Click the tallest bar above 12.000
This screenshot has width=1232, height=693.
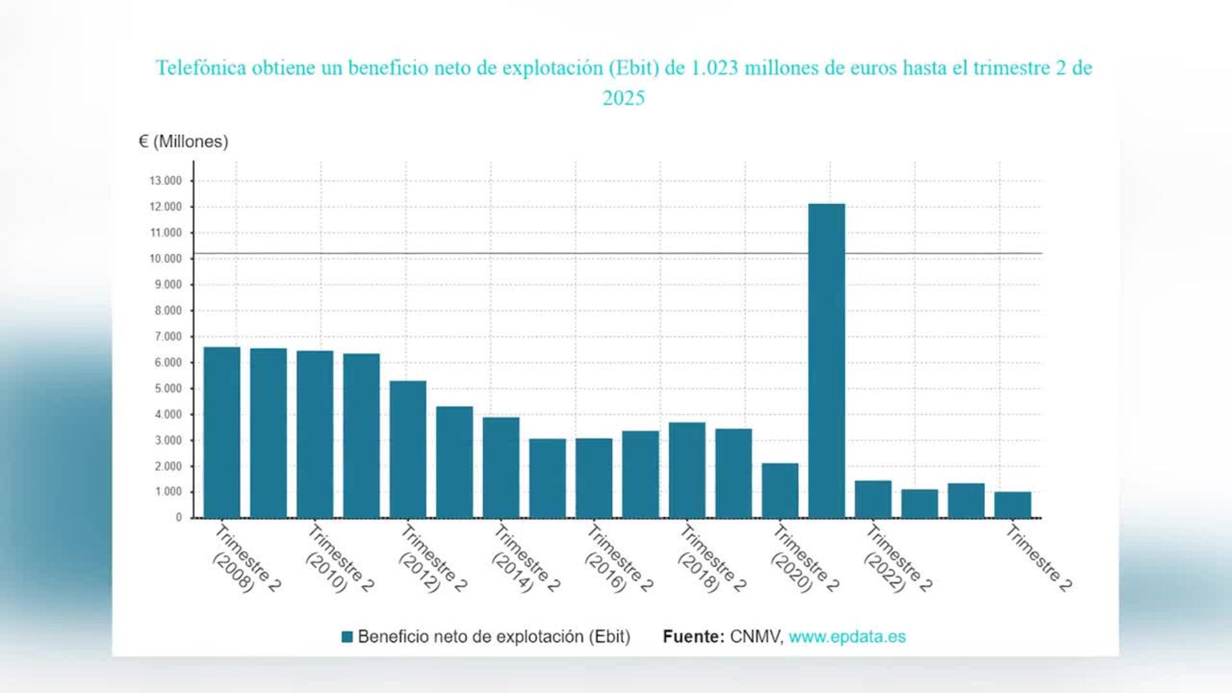[x=826, y=359]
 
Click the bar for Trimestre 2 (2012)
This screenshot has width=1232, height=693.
[x=407, y=449]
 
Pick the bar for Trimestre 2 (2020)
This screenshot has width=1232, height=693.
[x=780, y=490]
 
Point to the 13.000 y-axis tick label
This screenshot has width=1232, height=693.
[x=166, y=181]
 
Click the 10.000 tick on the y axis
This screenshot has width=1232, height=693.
[x=166, y=259]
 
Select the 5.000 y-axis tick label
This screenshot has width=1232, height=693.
[x=167, y=388]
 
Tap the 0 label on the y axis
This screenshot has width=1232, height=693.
[x=178, y=518]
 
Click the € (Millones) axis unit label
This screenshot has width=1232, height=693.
[x=184, y=141]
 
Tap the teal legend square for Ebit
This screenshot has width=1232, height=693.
[x=347, y=637]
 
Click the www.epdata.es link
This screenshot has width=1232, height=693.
[x=847, y=637]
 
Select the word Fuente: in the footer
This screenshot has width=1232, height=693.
[x=693, y=637]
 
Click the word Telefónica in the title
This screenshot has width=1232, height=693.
[x=201, y=68]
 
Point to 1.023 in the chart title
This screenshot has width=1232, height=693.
[x=714, y=68]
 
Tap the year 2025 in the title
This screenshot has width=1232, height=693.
[x=623, y=98]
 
